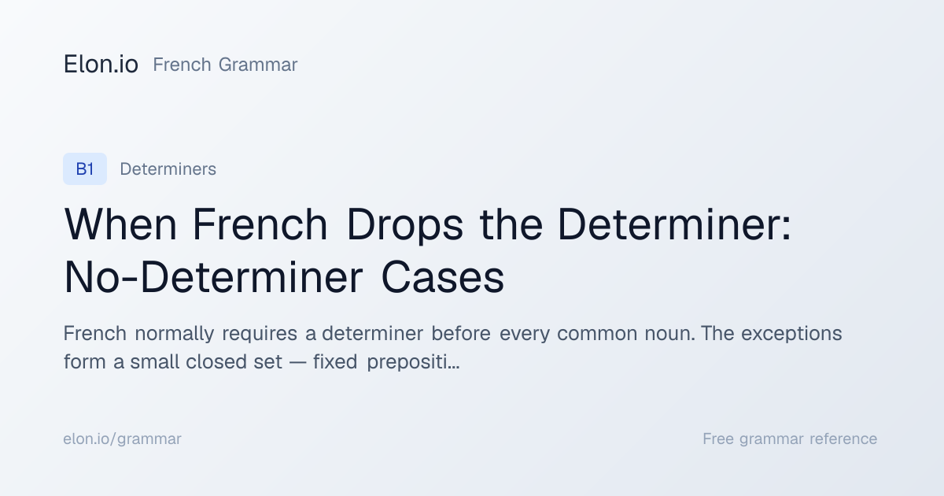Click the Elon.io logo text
pyautogui.click(x=101, y=65)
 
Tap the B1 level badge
pyautogui.click(x=85, y=168)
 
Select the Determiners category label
pyautogui.click(x=168, y=169)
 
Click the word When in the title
pyautogui.click(x=120, y=224)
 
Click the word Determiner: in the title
pyautogui.click(x=675, y=224)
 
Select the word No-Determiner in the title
pyautogui.click(x=213, y=277)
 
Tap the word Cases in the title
pyautogui.click(x=442, y=277)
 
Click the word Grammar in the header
pyautogui.click(x=258, y=65)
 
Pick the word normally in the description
pyautogui.click(x=175, y=334)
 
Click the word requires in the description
pyautogui.click(x=260, y=335)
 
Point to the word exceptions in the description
pyautogui.click(x=791, y=335)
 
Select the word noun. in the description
pyautogui.click(x=669, y=335)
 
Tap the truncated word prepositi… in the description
pyautogui.click(x=413, y=363)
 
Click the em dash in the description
pyautogui.click(x=297, y=362)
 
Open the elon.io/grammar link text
pyautogui.click(x=122, y=439)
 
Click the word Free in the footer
pyautogui.click(x=718, y=439)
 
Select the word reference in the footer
pyautogui.click(x=843, y=439)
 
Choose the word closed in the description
pyautogui.click(x=216, y=362)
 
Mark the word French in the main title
pyautogui.click(x=260, y=224)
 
